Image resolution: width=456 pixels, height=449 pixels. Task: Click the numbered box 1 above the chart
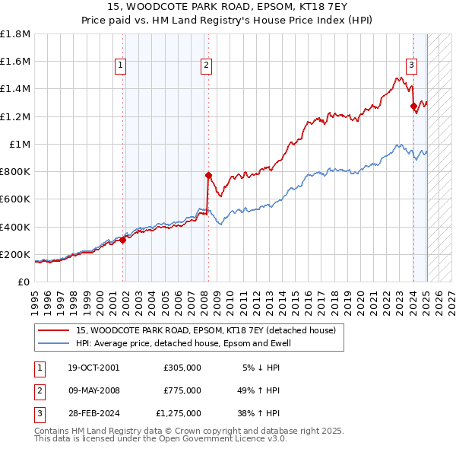(x=121, y=66)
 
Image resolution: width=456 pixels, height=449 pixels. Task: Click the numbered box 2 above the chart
(x=206, y=66)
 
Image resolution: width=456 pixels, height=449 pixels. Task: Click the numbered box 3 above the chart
(x=410, y=65)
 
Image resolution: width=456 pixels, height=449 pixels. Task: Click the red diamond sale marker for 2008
(x=207, y=175)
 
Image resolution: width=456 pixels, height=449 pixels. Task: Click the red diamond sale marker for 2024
(x=413, y=107)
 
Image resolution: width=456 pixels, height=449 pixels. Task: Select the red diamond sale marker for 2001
(x=123, y=240)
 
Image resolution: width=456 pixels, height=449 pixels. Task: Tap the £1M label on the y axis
(x=20, y=144)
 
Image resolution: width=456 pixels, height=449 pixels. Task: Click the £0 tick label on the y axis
(x=24, y=282)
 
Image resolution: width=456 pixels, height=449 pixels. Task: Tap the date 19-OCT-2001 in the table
(x=93, y=368)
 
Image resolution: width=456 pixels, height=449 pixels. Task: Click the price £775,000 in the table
(x=182, y=390)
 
